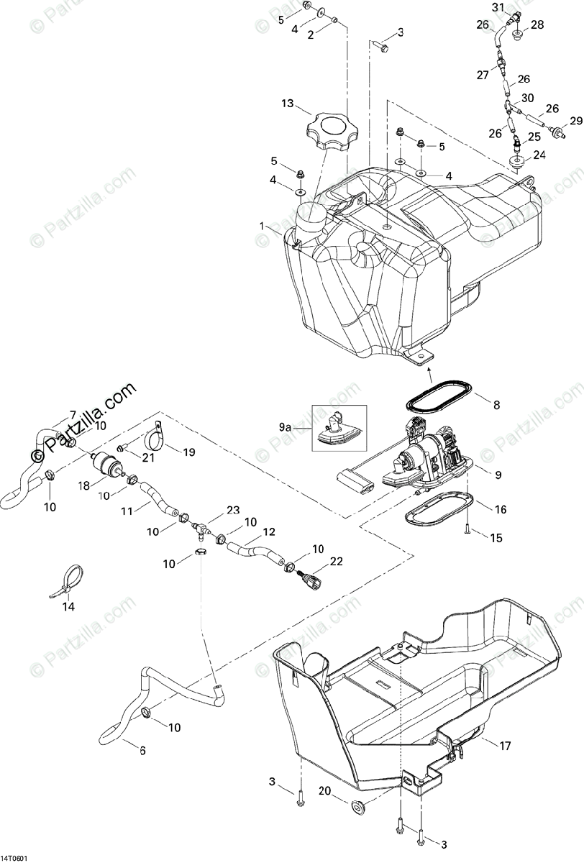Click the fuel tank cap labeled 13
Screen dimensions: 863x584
(x=335, y=133)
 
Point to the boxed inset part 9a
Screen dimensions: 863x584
(x=339, y=428)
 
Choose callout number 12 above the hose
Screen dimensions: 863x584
(x=250, y=534)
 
